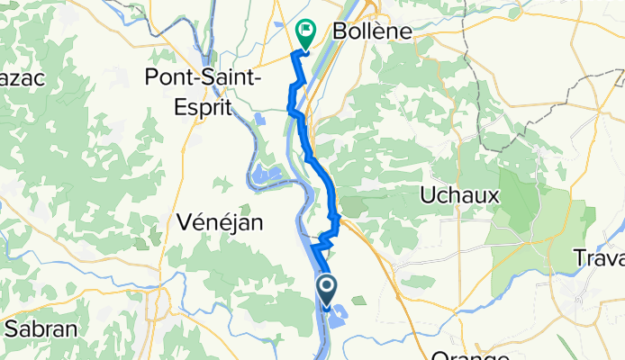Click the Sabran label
pyautogui.click(x=38, y=328)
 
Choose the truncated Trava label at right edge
pyautogui.click(x=599, y=259)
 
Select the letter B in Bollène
pyautogui.click(x=340, y=31)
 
